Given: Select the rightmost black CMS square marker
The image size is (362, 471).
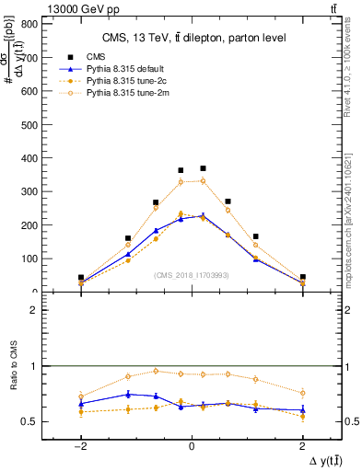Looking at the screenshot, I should [x=302, y=277].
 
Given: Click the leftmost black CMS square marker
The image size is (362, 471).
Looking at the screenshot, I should [x=81, y=277].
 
